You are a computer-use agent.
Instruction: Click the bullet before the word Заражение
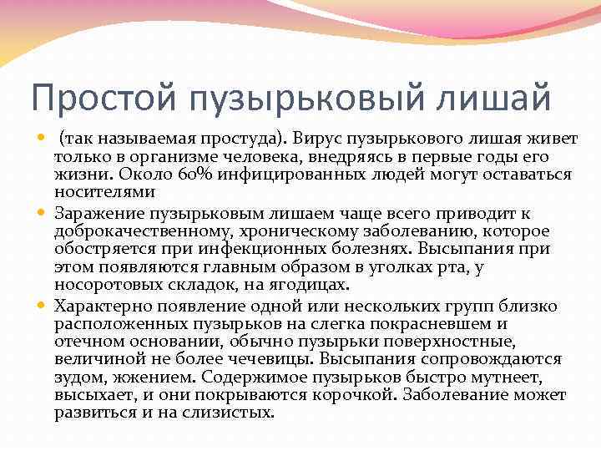44,213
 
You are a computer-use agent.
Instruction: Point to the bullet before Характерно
44,306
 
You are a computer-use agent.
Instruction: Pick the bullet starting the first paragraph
44,137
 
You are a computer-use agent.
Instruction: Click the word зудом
75,378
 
